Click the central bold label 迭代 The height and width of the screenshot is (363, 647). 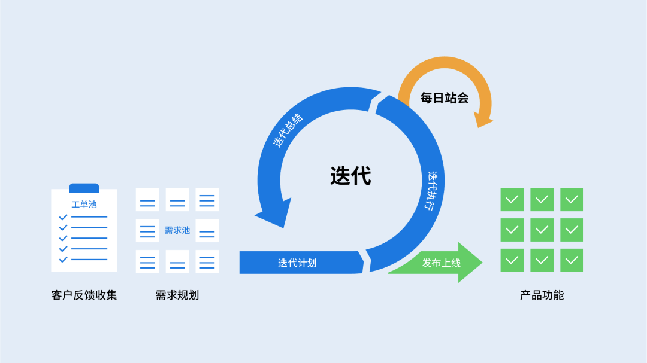(x=350, y=176)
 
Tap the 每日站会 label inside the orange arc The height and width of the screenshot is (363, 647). (x=444, y=98)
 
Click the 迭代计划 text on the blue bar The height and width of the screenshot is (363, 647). (x=297, y=263)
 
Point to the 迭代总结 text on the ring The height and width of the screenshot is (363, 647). (x=288, y=130)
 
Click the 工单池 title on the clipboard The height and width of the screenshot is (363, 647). (x=84, y=205)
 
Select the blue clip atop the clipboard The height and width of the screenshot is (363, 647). (x=84, y=188)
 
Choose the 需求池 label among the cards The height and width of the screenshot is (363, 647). (x=177, y=230)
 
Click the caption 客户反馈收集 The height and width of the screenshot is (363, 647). (x=84, y=295)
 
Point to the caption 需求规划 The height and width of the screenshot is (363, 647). (x=177, y=295)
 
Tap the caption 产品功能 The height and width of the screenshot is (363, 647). (x=542, y=295)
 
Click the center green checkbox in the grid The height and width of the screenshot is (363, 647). (x=542, y=230)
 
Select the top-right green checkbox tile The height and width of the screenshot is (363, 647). (x=572, y=200)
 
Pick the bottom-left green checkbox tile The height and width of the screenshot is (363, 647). (x=512, y=260)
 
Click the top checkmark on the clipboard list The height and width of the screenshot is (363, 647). (x=63, y=217)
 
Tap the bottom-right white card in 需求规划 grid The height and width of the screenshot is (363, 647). (x=207, y=261)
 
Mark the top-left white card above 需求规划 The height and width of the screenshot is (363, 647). (x=147, y=200)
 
